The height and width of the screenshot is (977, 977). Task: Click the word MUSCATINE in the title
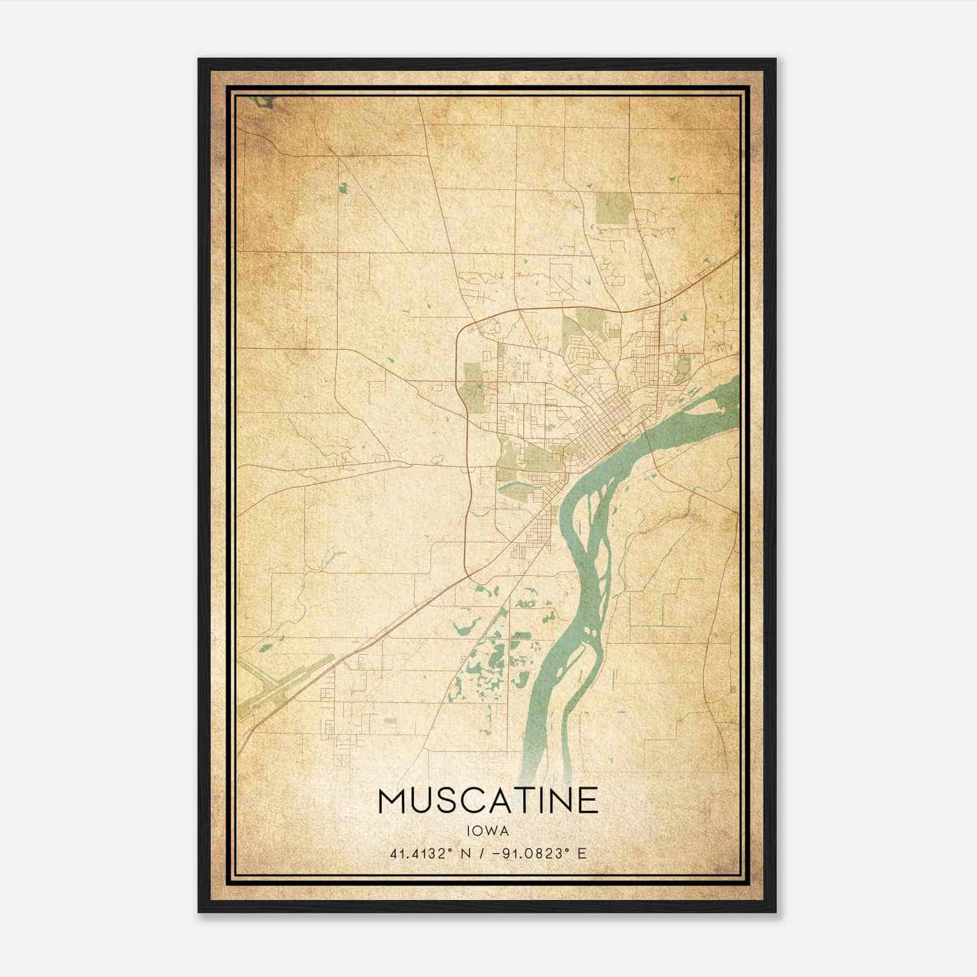488,801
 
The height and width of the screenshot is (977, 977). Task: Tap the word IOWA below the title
488,831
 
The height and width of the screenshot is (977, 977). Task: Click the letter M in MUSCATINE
393,801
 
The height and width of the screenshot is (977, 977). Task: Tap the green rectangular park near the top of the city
612,207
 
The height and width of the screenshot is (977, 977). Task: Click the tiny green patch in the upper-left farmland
343,187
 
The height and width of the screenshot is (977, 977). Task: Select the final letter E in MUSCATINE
587,801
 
